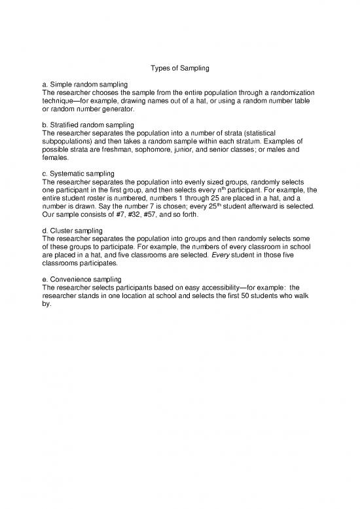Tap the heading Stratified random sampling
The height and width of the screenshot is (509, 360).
pyautogui.click(x=91, y=124)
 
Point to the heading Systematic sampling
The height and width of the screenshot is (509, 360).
pyautogui.click(x=81, y=173)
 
